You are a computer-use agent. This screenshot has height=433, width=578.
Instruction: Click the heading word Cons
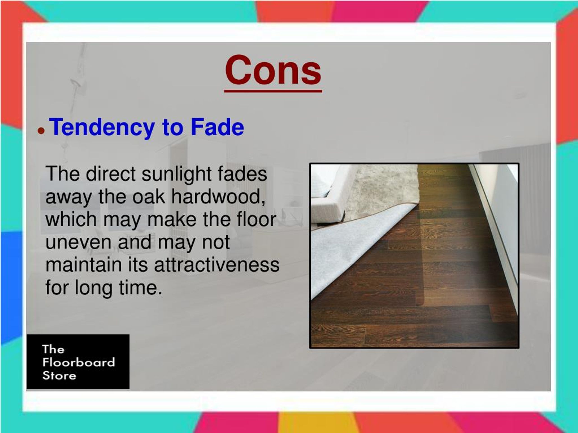point(273,71)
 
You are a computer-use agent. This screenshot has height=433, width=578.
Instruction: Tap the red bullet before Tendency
point(41,130)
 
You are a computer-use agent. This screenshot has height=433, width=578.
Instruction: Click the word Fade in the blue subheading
point(217,127)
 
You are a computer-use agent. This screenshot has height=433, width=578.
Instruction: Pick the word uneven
point(78,242)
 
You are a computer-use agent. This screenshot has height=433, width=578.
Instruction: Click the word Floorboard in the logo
point(78,362)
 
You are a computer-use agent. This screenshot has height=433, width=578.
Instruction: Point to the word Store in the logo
point(59,375)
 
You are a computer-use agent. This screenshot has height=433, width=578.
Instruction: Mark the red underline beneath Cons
point(273,91)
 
